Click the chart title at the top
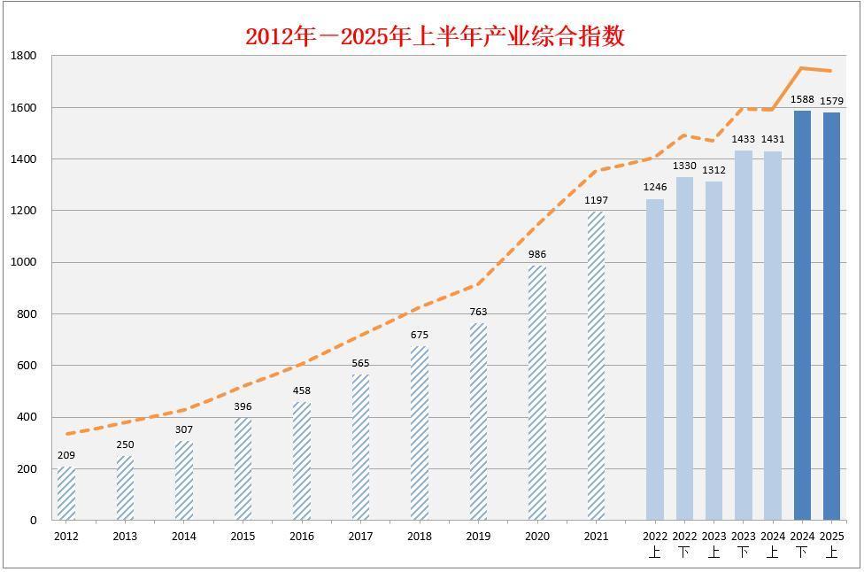click(435, 36)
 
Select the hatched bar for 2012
click(66, 493)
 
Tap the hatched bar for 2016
click(302, 461)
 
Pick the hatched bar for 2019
click(478, 421)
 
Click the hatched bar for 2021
click(596, 366)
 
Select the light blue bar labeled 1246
click(655, 359)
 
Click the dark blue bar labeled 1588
click(802, 315)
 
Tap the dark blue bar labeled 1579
click(831, 316)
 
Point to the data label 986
click(537, 254)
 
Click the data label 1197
click(596, 200)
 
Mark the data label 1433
click(744, 139)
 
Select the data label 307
click(184, 429)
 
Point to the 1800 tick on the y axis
click(24, 56)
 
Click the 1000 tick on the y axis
click(24, 262)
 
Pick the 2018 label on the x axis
click(420, 536)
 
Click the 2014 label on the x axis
click(184, 536)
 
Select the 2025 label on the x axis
click(831, 536)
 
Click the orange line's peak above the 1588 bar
click(801, 67)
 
